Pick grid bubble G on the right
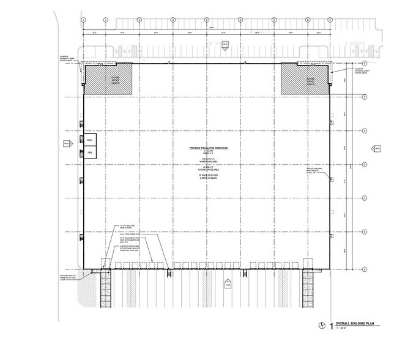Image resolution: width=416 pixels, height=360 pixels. click(365, 63)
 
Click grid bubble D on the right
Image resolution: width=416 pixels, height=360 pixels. click(365, 163)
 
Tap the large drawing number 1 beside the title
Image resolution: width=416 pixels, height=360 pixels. click(331, 327)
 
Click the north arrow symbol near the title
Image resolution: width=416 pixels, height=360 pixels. click(321, 327)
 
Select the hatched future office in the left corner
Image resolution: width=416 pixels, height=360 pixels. click(102, 80)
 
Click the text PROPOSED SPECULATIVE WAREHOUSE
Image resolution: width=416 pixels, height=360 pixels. click(207, 148)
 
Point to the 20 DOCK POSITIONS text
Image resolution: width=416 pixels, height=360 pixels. click(207, 176)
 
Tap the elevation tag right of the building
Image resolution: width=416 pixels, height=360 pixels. click(377, 148)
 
